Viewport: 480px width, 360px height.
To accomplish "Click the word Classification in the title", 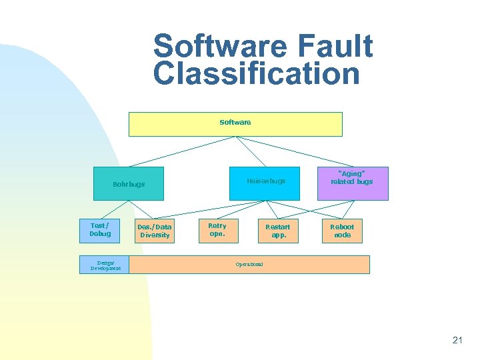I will click(256, 73).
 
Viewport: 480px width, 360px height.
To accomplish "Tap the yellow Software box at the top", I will click(235, 124).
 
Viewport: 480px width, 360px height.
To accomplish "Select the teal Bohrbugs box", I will click(128, 184).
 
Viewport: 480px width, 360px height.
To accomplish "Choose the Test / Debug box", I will click(100, 230).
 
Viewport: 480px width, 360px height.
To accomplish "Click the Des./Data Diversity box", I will click(154, 231).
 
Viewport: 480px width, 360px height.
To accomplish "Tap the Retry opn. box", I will click(217, 230).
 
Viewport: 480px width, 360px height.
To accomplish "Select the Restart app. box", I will click(277, 231).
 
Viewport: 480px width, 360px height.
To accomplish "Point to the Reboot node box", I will click(343, 231).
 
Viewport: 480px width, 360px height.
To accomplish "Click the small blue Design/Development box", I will click(105, 265).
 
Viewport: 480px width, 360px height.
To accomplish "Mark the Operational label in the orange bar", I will click(249, 265).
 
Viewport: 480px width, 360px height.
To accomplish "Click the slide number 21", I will click(457, 340).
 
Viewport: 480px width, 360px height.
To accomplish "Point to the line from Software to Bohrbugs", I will click(181, 152).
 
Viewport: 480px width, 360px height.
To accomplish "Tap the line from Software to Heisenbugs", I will click(249, 152).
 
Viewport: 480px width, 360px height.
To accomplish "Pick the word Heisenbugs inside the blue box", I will click(265, 181).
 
